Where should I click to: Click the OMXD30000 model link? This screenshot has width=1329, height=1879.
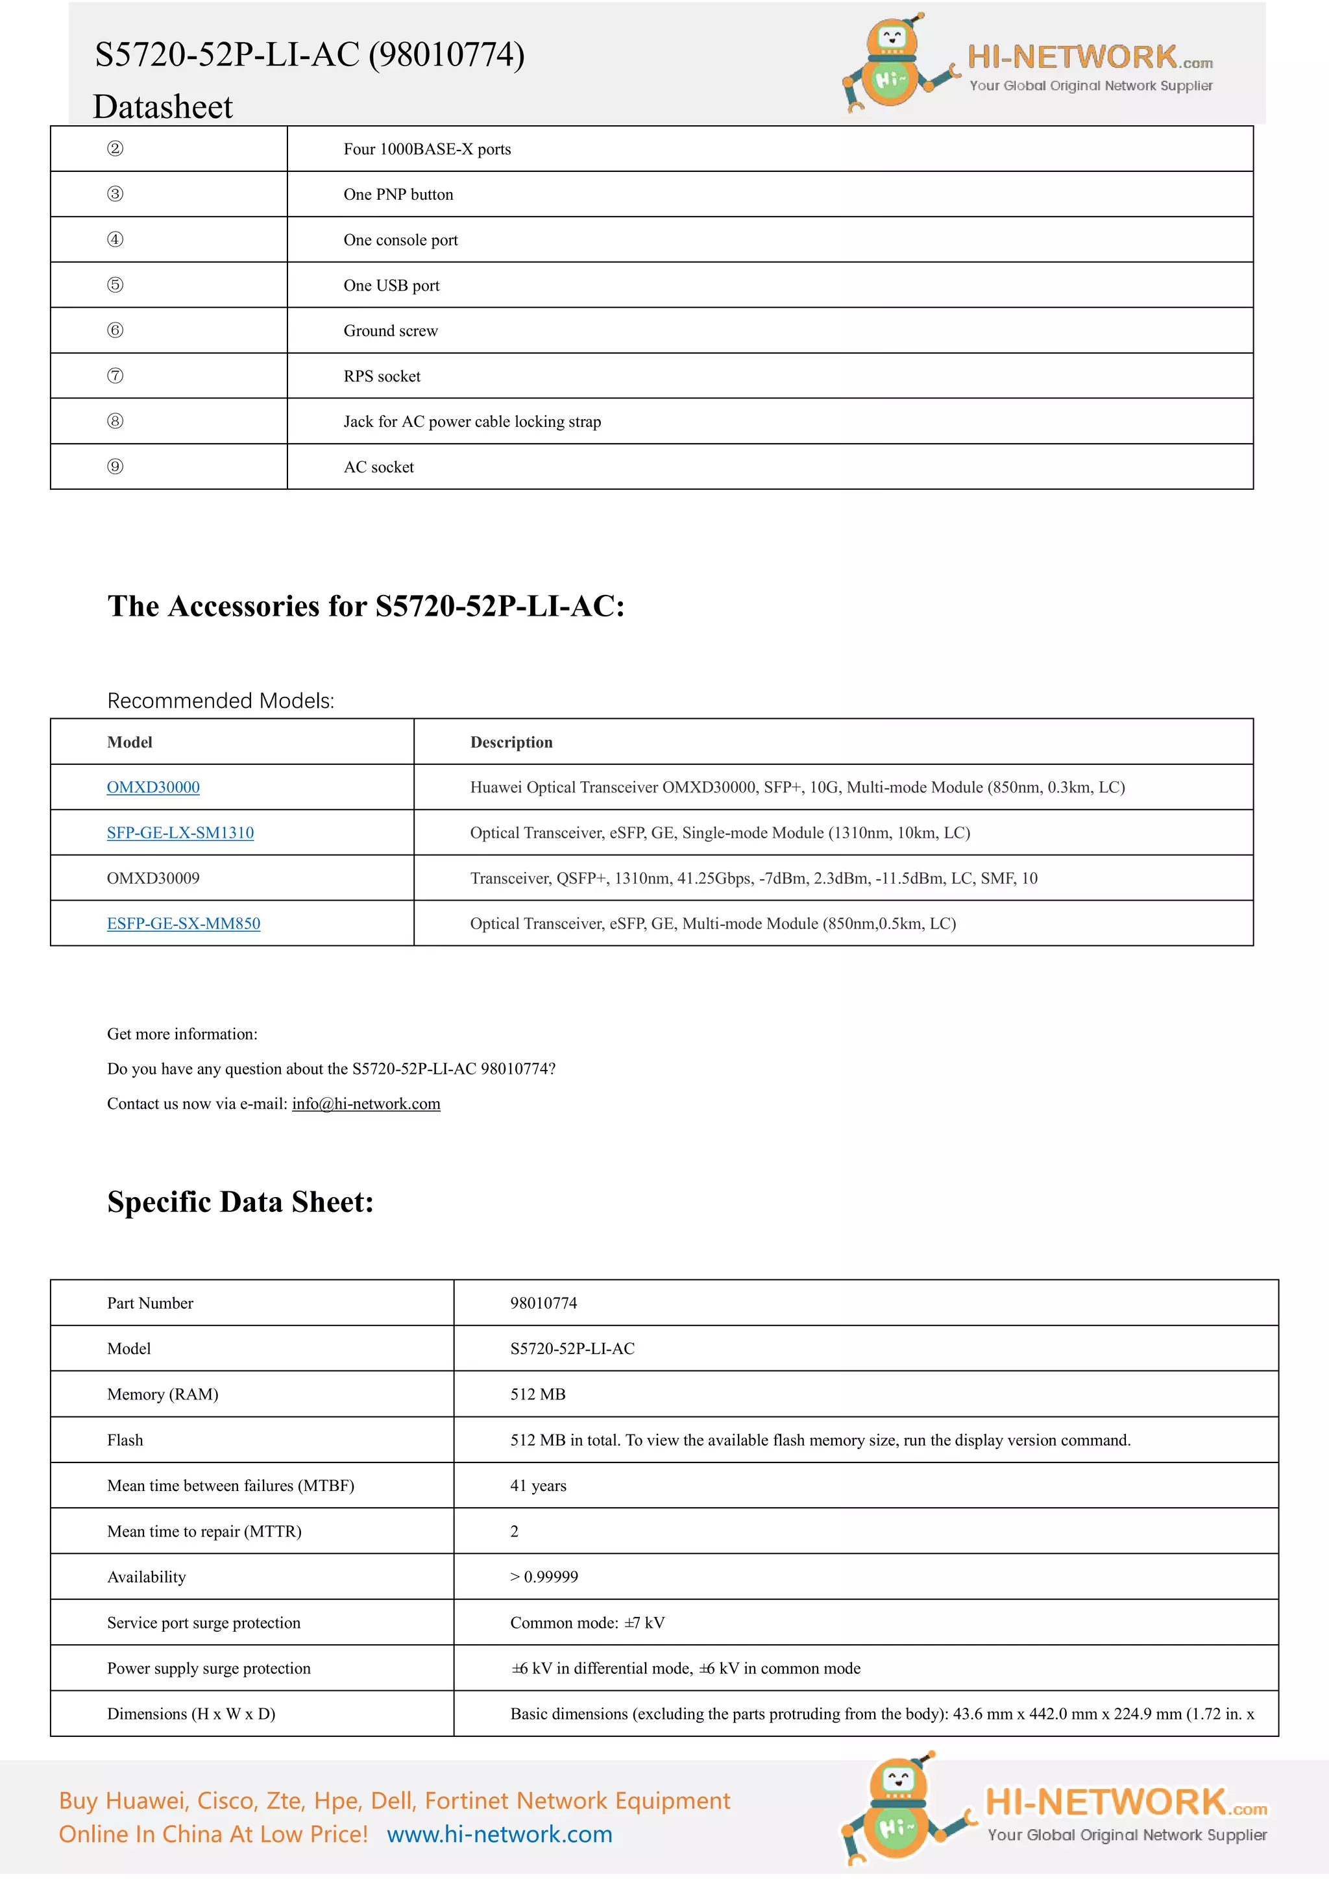point(153,787)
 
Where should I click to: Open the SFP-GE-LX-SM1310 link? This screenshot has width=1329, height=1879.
point(180,832)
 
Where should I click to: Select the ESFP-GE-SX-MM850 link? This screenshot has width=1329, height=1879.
point(183,923)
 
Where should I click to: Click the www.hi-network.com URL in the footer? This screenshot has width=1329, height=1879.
point(499,1834)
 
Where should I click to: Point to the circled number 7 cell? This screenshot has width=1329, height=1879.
point(116,376)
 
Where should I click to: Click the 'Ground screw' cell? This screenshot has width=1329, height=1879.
point(391,331)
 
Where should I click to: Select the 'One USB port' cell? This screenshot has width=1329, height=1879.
point(391,285)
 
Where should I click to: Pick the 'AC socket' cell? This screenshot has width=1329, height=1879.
point(378,467)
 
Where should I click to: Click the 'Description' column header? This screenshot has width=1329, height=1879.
point(511,742)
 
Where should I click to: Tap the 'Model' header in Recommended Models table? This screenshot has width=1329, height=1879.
point(129,742)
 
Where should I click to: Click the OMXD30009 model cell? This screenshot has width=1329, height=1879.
point(153,878)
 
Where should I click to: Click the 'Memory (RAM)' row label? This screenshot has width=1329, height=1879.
point(162,1394)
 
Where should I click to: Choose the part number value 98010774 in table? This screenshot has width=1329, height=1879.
point(543,1303)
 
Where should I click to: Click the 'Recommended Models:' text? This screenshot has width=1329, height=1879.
point(220,701)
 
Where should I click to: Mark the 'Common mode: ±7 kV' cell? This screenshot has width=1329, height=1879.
point(587,1622)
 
